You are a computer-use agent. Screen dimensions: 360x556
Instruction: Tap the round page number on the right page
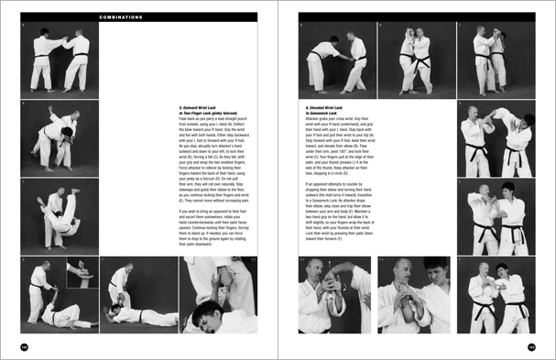(x=531, y=346)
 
